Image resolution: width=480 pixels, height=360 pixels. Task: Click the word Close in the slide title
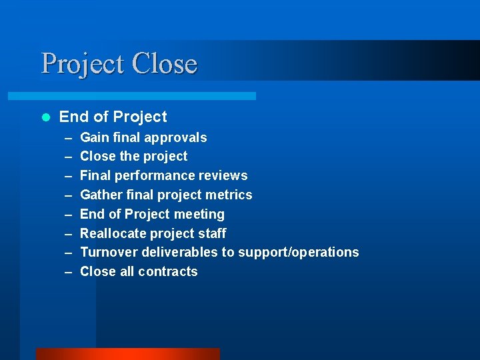pyautogui.click(x=164, y=64)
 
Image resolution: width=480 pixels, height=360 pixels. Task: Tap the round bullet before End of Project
pyautogui.click(x=45, y=117)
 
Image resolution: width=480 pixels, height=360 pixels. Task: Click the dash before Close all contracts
pyautogui.click(x=68, y=272)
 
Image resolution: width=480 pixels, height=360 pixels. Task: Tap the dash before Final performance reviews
pyautogui.click(x=68, y=176)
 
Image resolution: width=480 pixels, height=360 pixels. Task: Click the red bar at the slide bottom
pyautogui.click(x=127, y=354)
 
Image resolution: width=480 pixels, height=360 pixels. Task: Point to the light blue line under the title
pyautogui.click(x=147, y=96)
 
